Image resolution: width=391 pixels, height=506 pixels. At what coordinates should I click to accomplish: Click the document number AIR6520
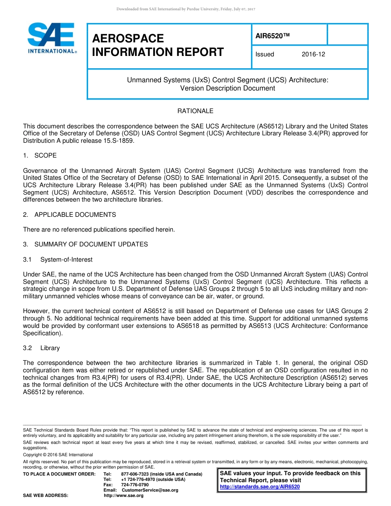coord(272,36)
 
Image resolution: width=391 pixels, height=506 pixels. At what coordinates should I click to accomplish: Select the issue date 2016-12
coord(313,54)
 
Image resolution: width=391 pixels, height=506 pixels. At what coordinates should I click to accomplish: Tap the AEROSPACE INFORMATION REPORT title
coord(158,45)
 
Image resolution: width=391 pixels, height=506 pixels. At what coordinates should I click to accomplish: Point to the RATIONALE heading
coord(195,111)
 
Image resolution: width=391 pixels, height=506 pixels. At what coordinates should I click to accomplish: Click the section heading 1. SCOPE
coord(40,156)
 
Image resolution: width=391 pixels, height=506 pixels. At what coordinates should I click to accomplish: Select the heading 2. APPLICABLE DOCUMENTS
coord(70,215)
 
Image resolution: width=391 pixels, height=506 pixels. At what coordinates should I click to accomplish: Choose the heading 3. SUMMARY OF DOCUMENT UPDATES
coord(85,244)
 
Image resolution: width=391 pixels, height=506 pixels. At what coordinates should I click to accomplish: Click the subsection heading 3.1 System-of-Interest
coord(58,260)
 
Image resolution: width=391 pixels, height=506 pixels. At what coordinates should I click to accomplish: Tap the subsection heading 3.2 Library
coord(42,348)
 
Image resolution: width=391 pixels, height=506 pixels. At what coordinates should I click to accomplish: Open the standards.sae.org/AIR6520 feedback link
coord(260,487)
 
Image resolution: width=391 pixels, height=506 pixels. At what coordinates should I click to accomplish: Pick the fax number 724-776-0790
coord(135,485)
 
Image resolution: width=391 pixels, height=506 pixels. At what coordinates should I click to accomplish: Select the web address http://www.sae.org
coord(123,495)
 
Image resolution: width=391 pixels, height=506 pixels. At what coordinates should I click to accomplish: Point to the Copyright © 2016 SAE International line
coord(58,455)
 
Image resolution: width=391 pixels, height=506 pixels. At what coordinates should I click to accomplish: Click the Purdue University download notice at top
coord(186,9)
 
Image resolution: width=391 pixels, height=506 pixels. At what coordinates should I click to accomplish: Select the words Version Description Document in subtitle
coord(228,88)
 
